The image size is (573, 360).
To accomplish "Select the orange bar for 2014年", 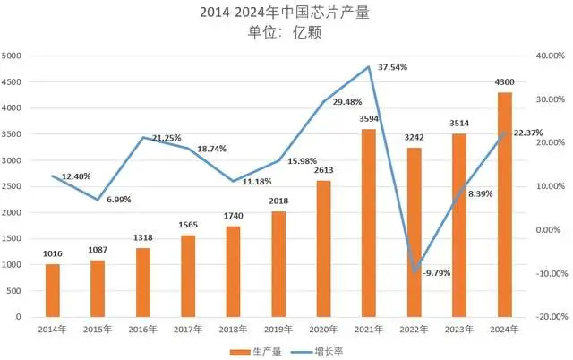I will (52, 290).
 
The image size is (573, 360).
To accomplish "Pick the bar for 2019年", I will (281, 264).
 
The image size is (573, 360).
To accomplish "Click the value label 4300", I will (504, 82).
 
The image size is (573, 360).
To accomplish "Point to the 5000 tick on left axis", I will (13, 56).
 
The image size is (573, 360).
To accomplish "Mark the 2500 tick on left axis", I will (13, 186).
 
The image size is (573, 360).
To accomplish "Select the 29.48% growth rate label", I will (349, 101).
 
